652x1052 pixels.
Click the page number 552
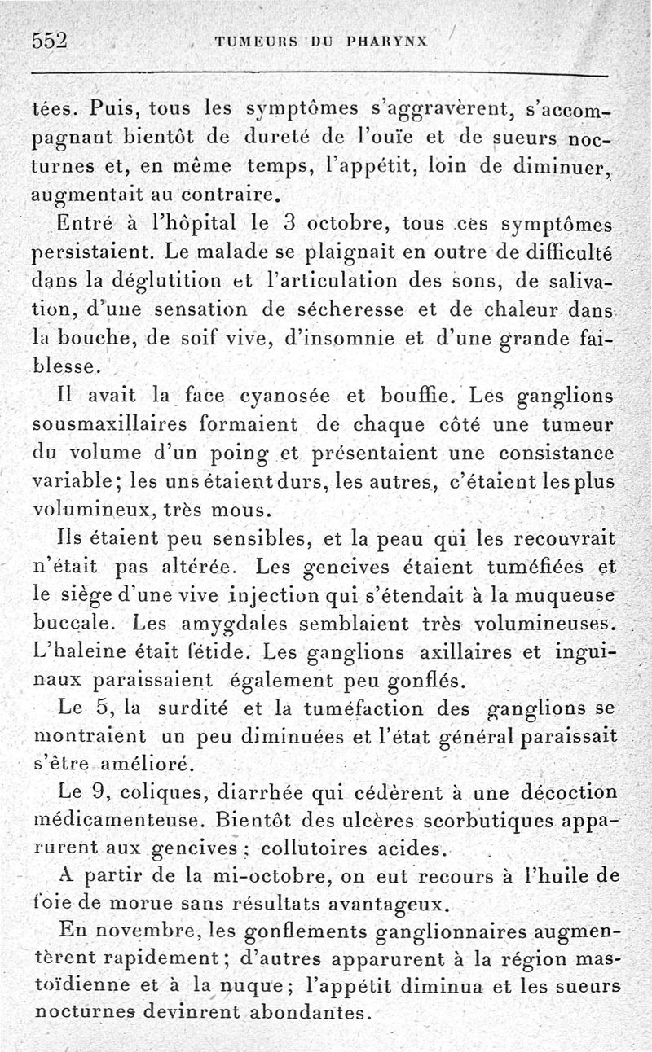tap(50, 42)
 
